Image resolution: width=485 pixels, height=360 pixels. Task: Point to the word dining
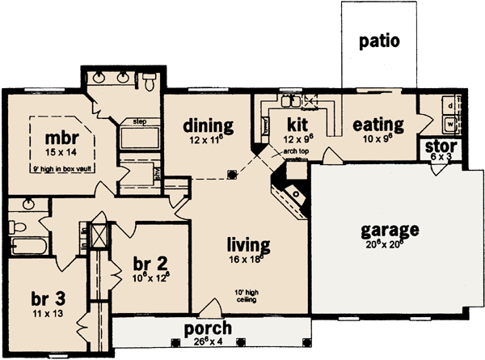208,125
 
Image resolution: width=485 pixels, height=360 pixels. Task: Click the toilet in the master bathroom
150,81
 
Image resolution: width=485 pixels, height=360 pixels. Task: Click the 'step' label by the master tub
135,121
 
